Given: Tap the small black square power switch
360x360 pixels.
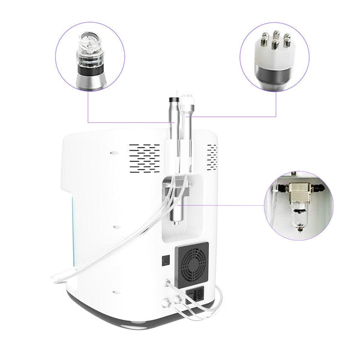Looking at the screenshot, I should point(166,261).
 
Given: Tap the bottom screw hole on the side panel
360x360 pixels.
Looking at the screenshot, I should point(114,292).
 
